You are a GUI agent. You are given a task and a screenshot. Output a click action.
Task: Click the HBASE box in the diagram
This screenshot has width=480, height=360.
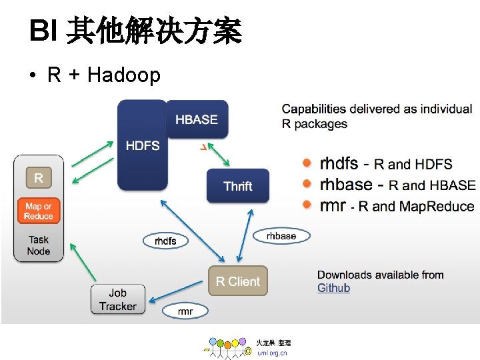pos(197,119)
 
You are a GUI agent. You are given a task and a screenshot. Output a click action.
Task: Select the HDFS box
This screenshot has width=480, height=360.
pos(142,145)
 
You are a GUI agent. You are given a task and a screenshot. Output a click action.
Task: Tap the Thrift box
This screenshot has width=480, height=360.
pos(238,185)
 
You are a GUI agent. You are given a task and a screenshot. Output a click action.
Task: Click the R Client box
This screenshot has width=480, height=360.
pos(238,281)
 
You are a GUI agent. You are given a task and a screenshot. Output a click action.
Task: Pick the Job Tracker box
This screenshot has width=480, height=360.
pos(117,299)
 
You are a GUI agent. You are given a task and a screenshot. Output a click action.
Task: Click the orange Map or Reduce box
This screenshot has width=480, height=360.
pos(39,211)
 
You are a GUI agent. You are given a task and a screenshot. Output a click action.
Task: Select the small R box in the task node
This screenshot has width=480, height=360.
pos(39,178)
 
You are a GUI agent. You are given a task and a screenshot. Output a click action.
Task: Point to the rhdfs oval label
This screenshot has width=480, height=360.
pos(165,241)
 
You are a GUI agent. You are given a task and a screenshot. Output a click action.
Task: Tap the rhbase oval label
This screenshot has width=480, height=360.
pos(281,236)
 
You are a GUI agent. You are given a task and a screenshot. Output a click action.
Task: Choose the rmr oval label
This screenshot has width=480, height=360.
pos(185,311)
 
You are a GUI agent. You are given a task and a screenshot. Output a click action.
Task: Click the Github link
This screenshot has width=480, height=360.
pos(333,288)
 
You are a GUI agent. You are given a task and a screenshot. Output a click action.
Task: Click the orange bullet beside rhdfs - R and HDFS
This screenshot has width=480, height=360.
pos(307,163)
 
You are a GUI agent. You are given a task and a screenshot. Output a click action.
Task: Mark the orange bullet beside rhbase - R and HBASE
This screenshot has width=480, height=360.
pos(307,184)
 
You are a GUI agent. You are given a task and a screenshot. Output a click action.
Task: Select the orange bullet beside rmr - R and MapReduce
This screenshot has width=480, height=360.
pos(307,205)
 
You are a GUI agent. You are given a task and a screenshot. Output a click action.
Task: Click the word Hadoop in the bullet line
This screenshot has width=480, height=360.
pos(124,75)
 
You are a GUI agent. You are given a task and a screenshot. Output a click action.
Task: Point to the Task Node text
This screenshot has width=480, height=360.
pos(39,245)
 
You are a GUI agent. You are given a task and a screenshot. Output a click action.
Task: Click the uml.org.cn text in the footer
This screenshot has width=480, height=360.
pos(272,353)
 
